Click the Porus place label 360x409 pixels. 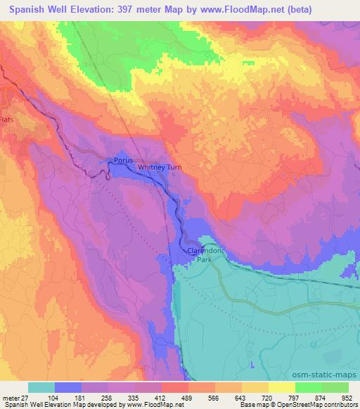[x=121, y=160]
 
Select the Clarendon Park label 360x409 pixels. [x=201, y=254]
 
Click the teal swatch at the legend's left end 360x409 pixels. [x=41, y=387]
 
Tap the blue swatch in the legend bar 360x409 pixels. [x=68, y=387]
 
